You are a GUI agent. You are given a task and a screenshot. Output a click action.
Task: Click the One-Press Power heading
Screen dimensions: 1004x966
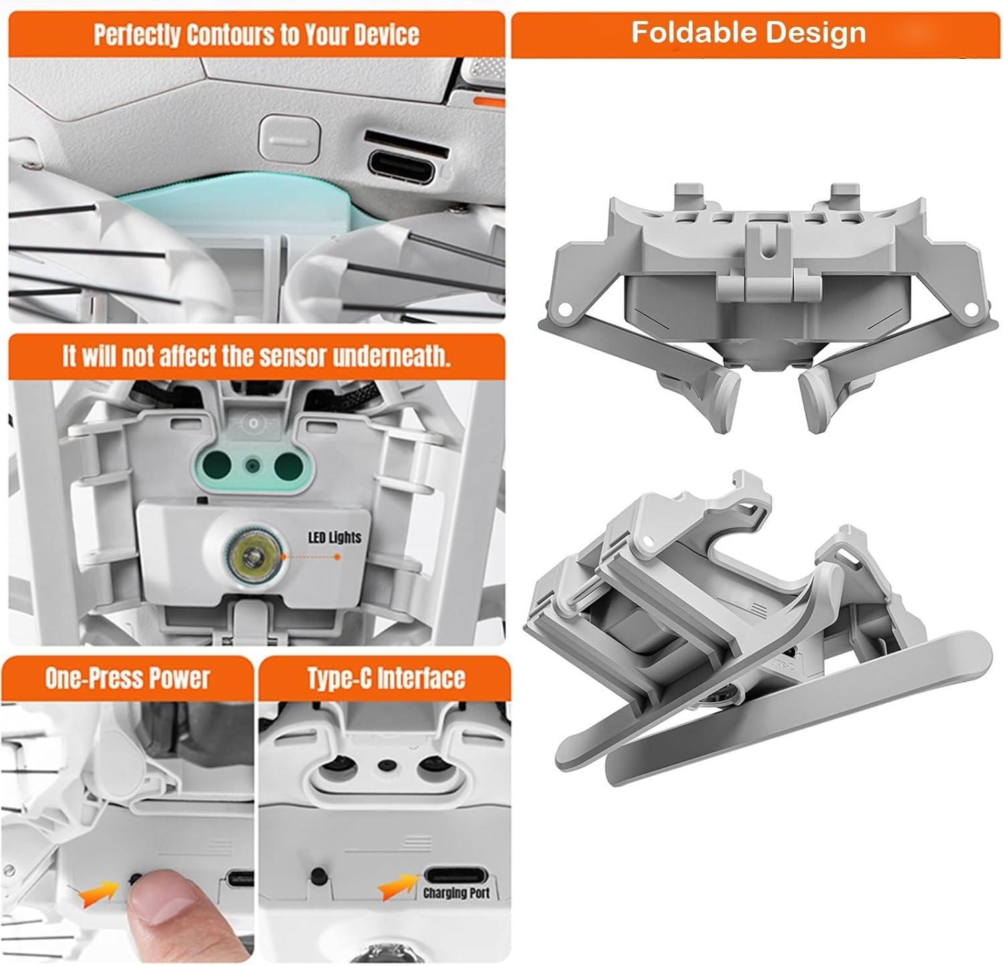tap(127, 678)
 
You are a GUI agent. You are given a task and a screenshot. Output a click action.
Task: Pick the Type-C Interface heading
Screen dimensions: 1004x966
tap(386, 678)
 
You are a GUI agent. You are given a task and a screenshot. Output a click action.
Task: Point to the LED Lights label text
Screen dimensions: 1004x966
tap(334, 538)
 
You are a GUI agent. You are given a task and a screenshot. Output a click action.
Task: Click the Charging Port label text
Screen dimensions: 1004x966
tap(456, 893)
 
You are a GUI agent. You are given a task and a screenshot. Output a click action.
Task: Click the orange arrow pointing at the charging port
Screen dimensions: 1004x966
tap(400, 884)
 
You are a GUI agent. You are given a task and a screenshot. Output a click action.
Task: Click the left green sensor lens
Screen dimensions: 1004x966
tap(218, 463)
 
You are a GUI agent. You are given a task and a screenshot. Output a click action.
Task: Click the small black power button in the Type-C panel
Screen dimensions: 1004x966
tap(319, 875)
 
